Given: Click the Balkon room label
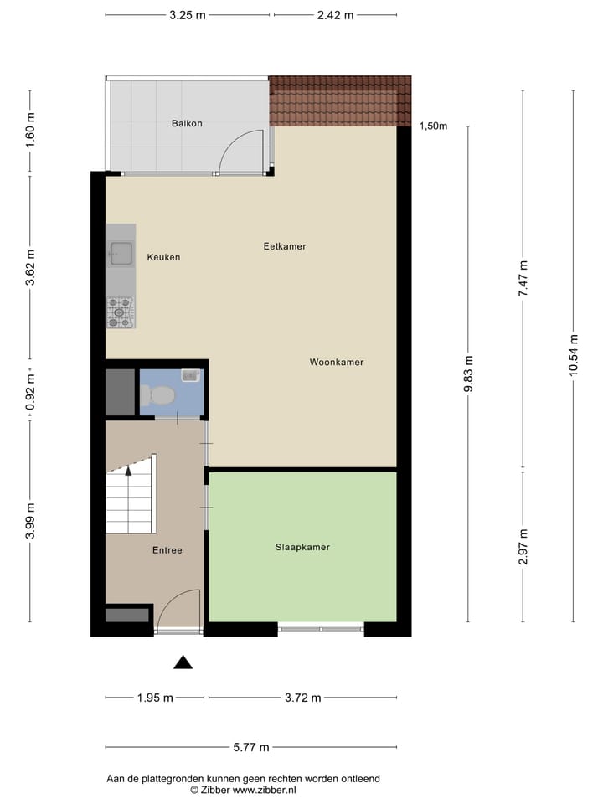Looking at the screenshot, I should coord(187,123).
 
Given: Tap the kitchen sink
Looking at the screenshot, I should coord(121,251).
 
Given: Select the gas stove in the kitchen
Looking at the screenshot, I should coord(120,312).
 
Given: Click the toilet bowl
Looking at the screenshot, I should coord(158,394).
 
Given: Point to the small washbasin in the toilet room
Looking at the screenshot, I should coord(191,375).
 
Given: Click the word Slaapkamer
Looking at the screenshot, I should coord(302,547).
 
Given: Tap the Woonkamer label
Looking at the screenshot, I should coord(337,363).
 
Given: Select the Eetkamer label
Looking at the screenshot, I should coord(285,246).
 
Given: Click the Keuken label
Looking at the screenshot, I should coord(163,257).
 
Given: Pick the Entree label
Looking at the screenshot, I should coord(167,550).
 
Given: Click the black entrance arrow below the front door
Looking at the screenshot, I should coord(183,662).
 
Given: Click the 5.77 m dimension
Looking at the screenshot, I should coord(251,748).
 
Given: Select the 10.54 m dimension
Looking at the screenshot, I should coord(574,355).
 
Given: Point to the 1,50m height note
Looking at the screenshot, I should coord(433,126).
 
